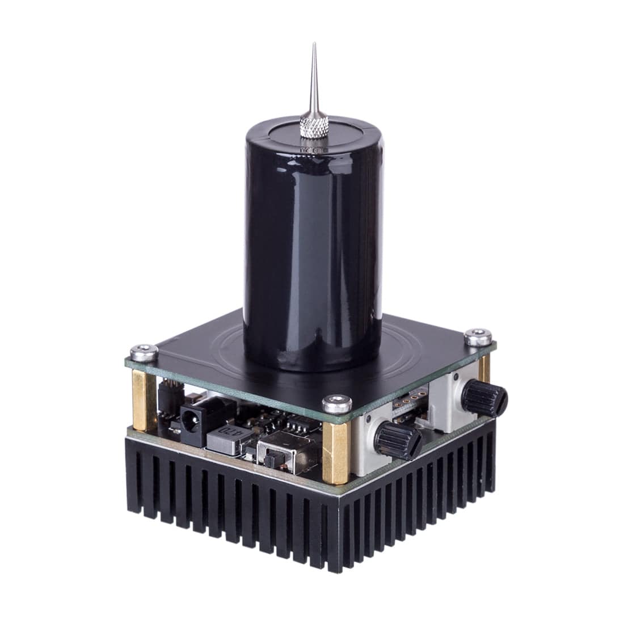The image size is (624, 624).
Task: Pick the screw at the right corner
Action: [x=475, y=337]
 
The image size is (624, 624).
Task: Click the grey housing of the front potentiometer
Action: [x=366, y=448]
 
